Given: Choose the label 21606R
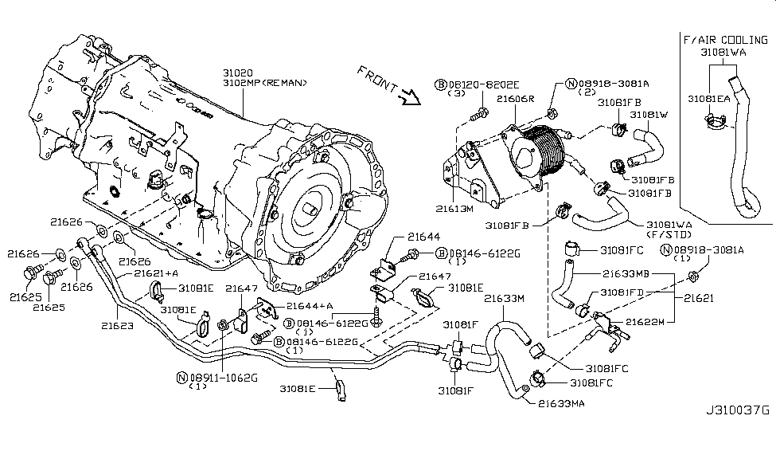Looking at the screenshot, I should click(x=515, y=99).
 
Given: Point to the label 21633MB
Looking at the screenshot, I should click(x=626, y=273).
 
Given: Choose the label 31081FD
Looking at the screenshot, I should click(x=623, y=292).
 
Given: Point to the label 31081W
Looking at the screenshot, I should click(x=649, y=114).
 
